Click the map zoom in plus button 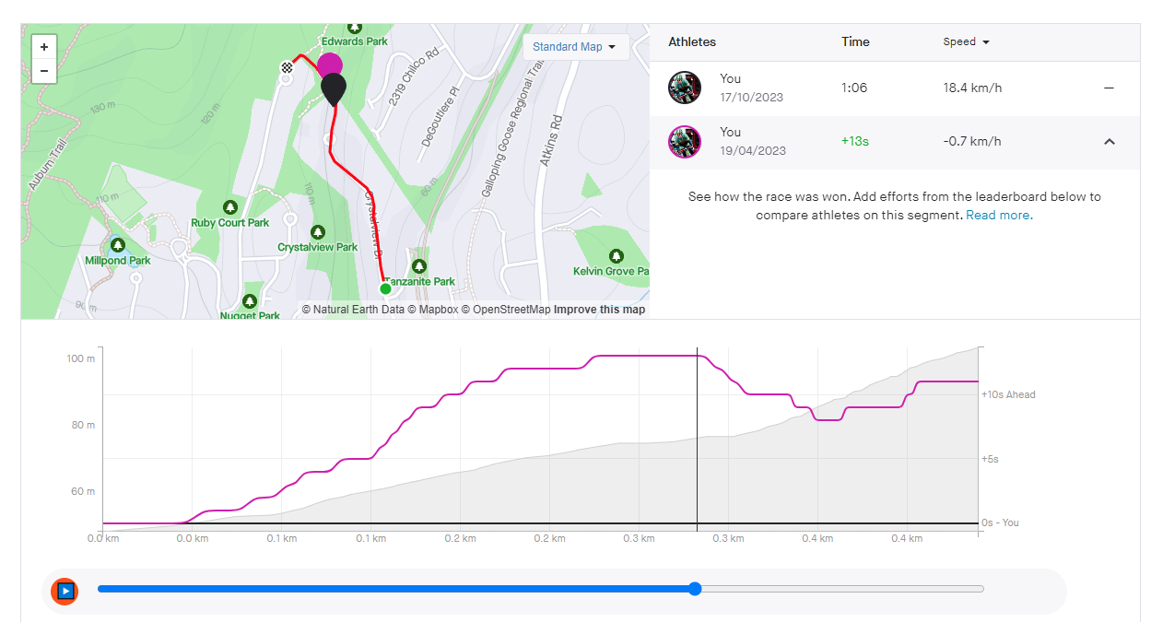(44, 47)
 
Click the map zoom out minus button (44, 71)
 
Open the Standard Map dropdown (575, 47)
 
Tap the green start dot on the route (385, 288)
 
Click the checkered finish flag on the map (287, 66)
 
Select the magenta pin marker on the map (329, 65)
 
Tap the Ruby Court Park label (229, 222)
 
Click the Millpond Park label (118, 260)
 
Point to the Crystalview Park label (318, 247)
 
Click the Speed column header (966, 42)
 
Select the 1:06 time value (854, 88)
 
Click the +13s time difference (854, 142)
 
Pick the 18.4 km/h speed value (972, 88)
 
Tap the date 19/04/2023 (753, 151)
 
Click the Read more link (999, 216)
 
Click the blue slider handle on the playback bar (695, 590)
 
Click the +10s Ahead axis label (1008, 394)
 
